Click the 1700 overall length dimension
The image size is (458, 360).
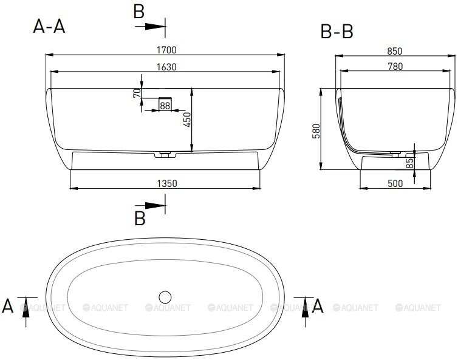coord(166,50)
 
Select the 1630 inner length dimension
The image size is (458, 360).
coord(166,67)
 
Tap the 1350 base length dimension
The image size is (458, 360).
coord(167,184)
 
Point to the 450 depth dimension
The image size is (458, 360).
coord(186,120)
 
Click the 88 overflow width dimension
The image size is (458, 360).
coord(165,106)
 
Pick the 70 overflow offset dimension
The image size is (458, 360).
coord(137,93)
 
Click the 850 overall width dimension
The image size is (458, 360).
coord(395,51)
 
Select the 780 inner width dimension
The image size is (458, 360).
coord(395,67)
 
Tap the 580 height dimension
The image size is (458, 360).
coord(316,131)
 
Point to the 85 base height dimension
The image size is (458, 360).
coord(410,163)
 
